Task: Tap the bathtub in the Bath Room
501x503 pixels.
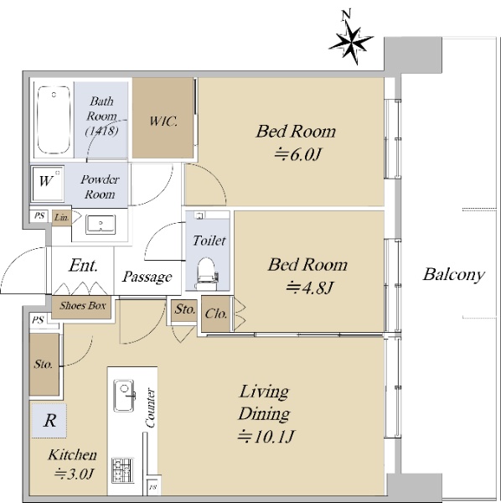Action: tap(54, 120)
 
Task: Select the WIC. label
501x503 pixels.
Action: tap(163, 122)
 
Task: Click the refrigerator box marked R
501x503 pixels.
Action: tap(49, 421)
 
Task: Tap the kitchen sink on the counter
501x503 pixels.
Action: tap(124, 396)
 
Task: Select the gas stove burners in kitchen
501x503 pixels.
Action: tap(122, 470)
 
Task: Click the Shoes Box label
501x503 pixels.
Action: tap(82, 306)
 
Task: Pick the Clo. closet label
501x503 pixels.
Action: tap(216, 314)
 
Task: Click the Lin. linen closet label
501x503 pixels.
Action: tap(61, 217)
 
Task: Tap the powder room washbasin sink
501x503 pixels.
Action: tap(101, 224)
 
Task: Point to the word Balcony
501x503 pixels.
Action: tap(453, 275)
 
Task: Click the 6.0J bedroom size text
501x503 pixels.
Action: tap(297, 155)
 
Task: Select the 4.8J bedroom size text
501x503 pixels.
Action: tap(310, 288)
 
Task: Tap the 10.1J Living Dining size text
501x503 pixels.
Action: tap(266, 437)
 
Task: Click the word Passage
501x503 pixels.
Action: tap(147, 277)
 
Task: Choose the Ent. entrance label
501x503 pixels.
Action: tap(83, 266)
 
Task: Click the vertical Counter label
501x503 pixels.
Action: tap(150, 408)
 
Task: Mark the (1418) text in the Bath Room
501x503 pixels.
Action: tap(101, 131)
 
